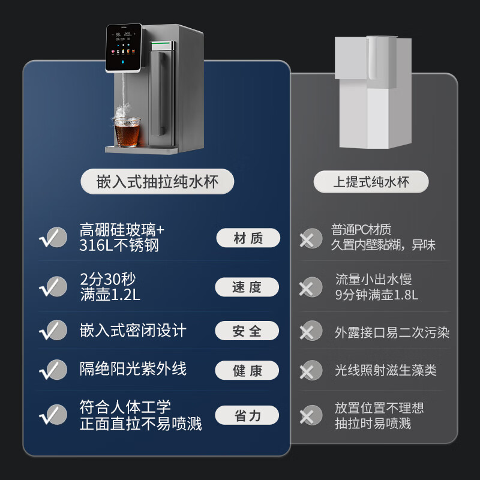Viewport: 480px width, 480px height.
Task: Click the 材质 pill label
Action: pyautogui.click(x=248, y=238)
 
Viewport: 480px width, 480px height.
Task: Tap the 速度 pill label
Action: pyautogui.click(x=247, y=287)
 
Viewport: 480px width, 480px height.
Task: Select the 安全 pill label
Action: pyautogui.click(x=247, y=331)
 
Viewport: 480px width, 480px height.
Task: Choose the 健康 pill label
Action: pyautogui.click(x=247, y=370)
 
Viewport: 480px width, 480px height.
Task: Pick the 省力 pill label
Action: pyautogui.click(x=247, y=415)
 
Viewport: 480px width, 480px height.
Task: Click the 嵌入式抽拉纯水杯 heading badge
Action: pyautogui.click(x=157, y=181)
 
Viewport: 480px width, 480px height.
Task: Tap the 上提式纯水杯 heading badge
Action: pyautogui.click(x=371, y=182)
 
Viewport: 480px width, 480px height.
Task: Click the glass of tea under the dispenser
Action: pyautogui.click(x=127, y=131)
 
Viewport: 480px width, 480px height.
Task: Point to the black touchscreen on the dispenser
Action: pyautogui.click(x=124, y=48)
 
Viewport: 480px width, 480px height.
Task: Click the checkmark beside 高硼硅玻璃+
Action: pyautogui.click(x=53, y=237)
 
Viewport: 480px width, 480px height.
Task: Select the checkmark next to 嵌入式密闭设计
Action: pyautogui.click(x=53, y=330)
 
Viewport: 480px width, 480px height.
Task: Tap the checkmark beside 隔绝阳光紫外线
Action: pyautogui.click(x=53, y=370)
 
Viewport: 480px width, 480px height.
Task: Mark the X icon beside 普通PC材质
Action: pyautogui.click(x=310, y=238)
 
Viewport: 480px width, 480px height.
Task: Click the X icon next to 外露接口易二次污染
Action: pyautogui.click(x=310, y=331)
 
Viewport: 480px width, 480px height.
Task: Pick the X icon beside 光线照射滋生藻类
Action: pyautogui.click(x=310, y=370)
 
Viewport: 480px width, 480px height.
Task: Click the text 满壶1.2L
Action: pyautogui.click(x=110, y=295)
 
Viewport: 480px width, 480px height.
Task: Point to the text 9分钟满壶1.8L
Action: pyautogui.click(x=377, y=295)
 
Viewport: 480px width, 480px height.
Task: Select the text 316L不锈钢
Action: pyautogui.click(x=119, y=245)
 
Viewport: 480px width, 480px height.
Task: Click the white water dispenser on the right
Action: pyautogui.click(x=373, y=92)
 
